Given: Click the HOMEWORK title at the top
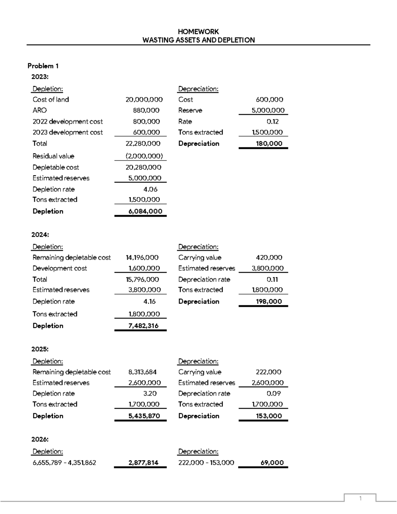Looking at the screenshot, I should [198, 31].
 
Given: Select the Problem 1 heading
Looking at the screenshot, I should [43, 66].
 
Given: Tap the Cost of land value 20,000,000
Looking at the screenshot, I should [144, 99].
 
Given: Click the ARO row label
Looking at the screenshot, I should [39, 110].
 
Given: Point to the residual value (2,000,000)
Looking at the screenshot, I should [144, 156].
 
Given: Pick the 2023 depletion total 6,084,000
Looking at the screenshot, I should [145, 211].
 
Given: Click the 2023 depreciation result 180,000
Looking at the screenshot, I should [269, 143].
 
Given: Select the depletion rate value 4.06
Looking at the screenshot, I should [150, 189].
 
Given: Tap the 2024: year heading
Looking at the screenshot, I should [40, 235].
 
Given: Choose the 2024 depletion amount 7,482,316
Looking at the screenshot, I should [143, 326].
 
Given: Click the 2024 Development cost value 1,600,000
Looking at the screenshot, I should [144, 268].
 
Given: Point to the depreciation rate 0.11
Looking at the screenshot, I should [272, 279].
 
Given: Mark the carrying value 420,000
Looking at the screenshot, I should [269, 257].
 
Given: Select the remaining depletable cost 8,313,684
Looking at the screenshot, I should [142, 372].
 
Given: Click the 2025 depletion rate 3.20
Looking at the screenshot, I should [150, 394].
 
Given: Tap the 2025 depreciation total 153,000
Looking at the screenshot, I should [269, 416].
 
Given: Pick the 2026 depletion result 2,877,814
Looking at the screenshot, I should [143, 463].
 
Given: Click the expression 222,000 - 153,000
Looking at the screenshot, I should [206, 463].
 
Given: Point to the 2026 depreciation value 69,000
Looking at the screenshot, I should [272, 463].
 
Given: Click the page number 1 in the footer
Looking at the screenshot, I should [360, 498].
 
